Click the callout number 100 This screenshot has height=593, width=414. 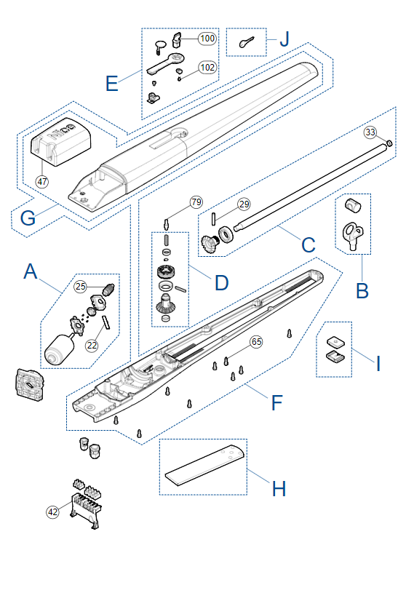coord(207,38)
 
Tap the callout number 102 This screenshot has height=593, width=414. coord(207,68)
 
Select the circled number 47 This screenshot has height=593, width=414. coord(42,181)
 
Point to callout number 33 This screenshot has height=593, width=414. coord(370,132)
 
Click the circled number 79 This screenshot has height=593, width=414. coord(196,202)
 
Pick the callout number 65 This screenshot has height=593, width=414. coord(256,342)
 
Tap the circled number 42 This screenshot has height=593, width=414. coord(52,512)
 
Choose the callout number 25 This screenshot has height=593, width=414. coord(81,286)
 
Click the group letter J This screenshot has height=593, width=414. coord(284,39)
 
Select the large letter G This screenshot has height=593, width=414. coord(28,218)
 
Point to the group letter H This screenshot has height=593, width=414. coord(279,489)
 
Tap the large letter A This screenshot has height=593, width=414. coord(31,271)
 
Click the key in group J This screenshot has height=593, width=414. coord(246,42)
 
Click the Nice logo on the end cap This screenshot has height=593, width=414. coord(63,131)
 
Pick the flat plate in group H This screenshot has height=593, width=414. coord(204,465)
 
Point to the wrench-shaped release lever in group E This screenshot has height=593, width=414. coord(166,63)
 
